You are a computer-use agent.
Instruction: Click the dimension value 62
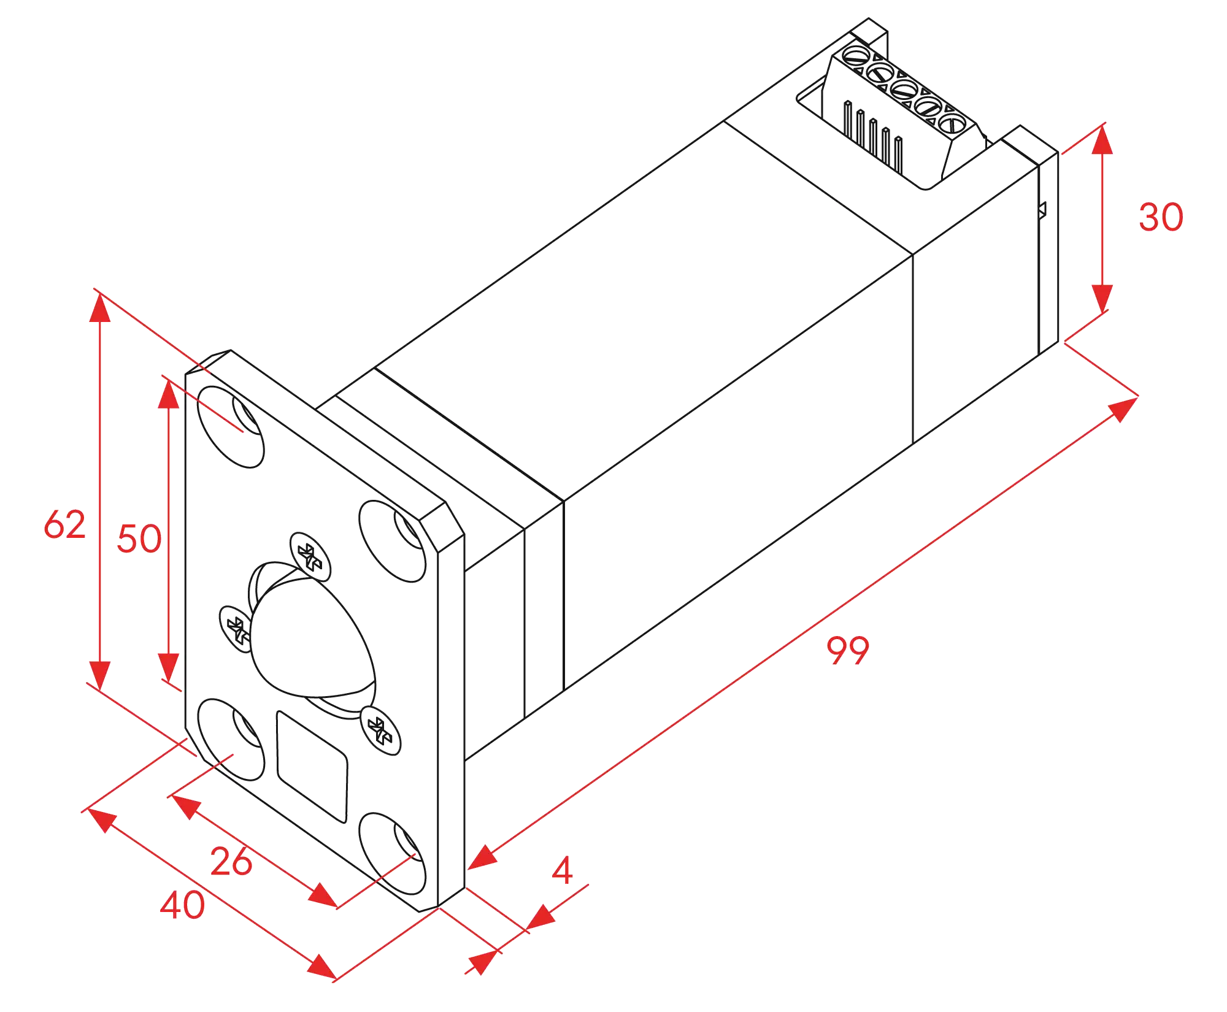click(x=64, y=525)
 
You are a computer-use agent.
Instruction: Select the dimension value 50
click(x=139, y=539)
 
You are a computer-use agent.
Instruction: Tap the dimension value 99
click(x=847, y=651)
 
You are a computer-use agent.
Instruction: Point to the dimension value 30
click(x=1160, y=217)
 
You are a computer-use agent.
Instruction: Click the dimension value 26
click(x=231, y=861)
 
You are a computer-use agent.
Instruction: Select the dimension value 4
click(x=562, y=872)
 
